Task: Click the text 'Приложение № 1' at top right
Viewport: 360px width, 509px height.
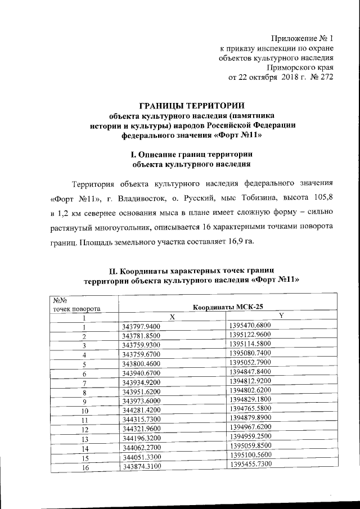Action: [x=303, y=38]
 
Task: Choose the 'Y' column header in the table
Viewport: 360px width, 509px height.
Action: [x=281, y=316]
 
